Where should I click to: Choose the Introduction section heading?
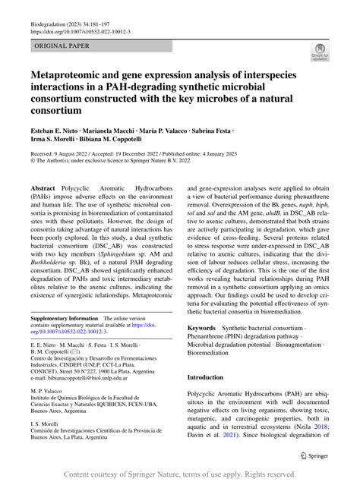216,376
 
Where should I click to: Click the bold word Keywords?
205,328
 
